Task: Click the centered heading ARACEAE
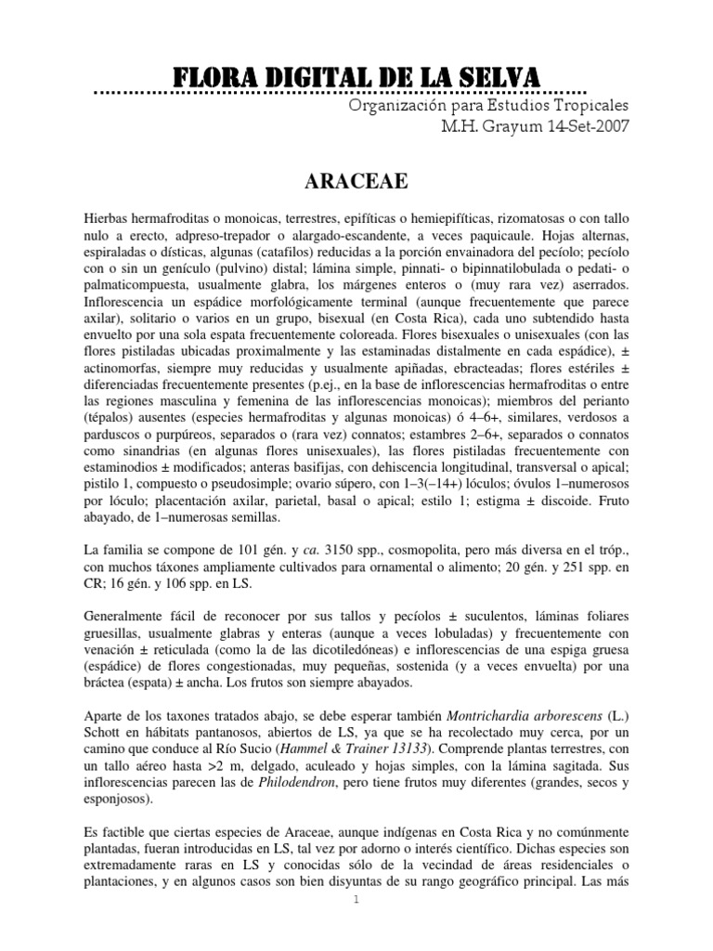pyautogui.click(x=356, y=179)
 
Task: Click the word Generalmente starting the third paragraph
pyautogui.click(x=127, y=615)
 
